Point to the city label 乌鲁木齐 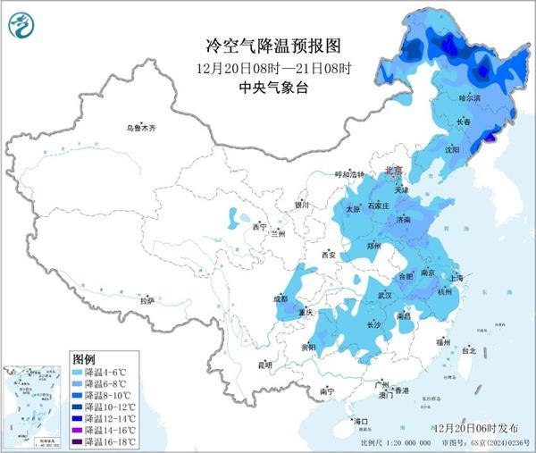click(x=140, y=129)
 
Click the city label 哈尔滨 click(x=469, y=96)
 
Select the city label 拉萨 click(x=147, y=301)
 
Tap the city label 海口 click(x=361, y=420)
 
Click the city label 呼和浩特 click(x=350, y=174)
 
